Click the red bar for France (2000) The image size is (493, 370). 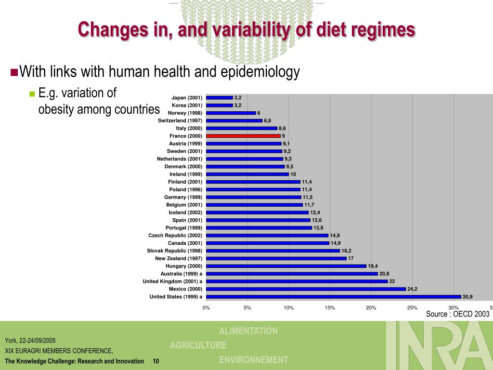(x=243, y=136)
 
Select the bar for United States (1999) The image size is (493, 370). (x=333, y=297)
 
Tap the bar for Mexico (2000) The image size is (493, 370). (x=306, y=289)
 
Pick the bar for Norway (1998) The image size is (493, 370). (x=231, y=113)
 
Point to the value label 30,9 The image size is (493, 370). (x=467, y=297)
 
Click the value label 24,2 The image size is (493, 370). (x=412, y=289)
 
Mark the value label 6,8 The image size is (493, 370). (x=267, y=120)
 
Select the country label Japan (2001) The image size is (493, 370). (x=187, y=97)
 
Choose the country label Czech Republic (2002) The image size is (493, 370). (x=175, y=235)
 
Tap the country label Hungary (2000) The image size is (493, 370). (x=184, y=266)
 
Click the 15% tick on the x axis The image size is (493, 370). (x=330, y=307)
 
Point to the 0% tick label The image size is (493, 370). (x=206, y=307)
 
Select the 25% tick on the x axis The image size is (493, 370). (x=412, y=307)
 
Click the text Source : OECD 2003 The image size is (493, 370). (x=457, y=314)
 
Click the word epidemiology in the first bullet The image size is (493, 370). (x=260, y=72)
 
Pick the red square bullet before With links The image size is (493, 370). (x=14, y=73)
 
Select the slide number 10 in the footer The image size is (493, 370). (x=156, y=361)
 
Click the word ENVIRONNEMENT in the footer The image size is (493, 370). (x=254, y=360)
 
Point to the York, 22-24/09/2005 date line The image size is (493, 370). (x=30, y=340)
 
